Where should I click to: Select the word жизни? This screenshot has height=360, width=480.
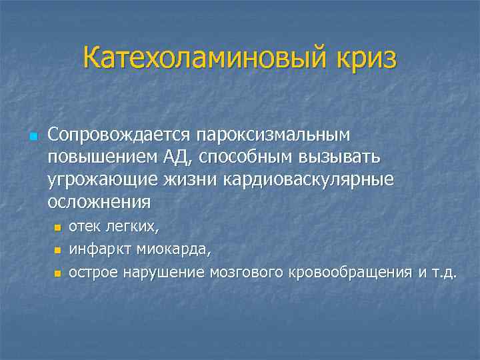coord(177,179)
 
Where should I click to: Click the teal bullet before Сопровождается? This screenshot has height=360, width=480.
coord(34,136)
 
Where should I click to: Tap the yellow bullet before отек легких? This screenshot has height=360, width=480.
coord(57,228)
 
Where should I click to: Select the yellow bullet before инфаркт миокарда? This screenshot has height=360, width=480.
coord(57,251)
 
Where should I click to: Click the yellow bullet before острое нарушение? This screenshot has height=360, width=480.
coord(57,273)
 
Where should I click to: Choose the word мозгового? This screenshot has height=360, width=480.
coord(248,273)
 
